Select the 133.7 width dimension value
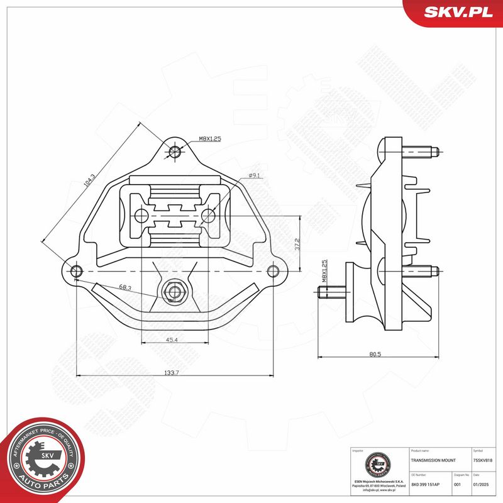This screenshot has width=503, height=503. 172,373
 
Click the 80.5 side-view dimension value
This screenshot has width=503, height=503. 375,355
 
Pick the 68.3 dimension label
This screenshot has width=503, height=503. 125,287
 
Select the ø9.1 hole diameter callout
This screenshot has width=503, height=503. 255,175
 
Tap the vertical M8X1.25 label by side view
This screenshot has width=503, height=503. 325,272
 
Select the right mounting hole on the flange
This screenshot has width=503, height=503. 272,271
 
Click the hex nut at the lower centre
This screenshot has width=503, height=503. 173,292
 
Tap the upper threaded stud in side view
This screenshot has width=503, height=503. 420,152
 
